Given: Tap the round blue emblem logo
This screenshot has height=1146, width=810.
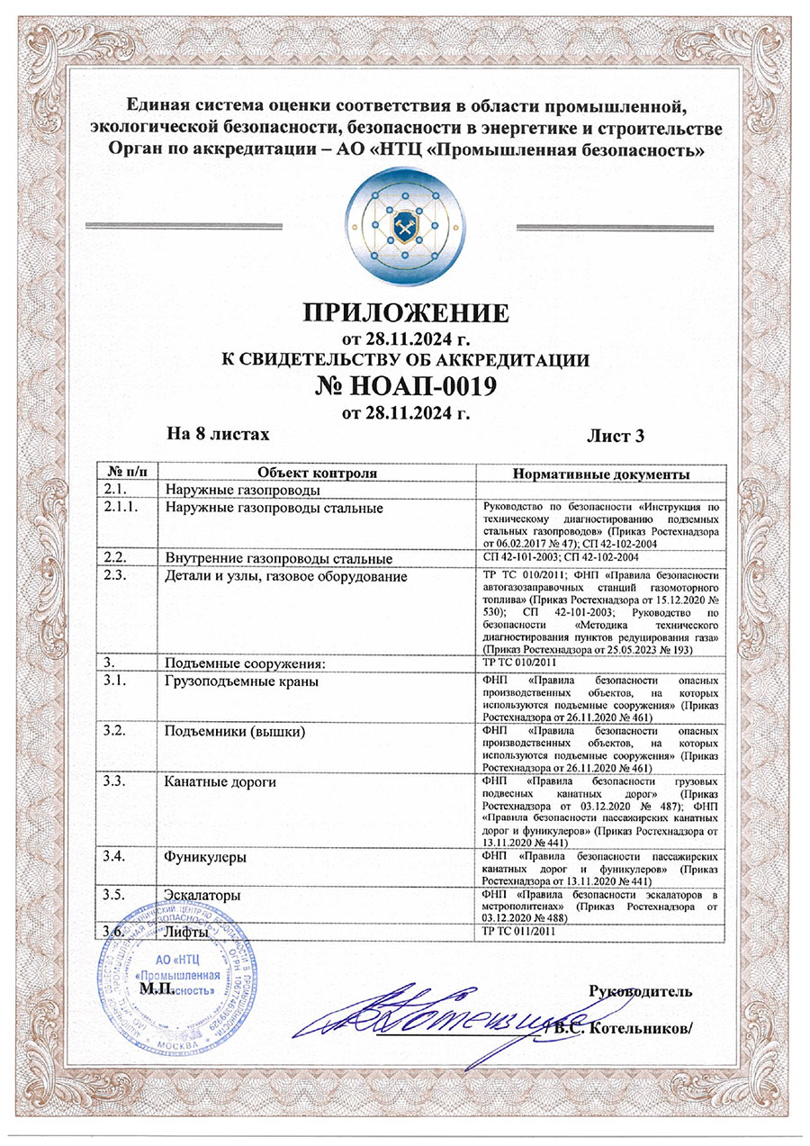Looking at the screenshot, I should click(x=405, y=225).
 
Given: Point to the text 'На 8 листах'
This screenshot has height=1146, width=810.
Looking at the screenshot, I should click(x=219, y=434).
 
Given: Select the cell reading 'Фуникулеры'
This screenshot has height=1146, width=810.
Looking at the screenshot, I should click(x=199, y=858).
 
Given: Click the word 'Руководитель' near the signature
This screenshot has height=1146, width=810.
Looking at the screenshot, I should click(x=640, y=992).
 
